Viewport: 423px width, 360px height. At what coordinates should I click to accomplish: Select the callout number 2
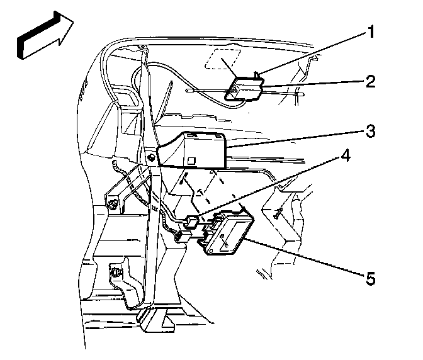point(371,81)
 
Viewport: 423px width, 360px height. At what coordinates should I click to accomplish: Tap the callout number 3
point(371,132)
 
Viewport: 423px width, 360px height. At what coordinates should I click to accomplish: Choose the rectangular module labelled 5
point(229,234)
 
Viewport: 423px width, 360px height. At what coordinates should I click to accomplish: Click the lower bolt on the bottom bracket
point(116,272)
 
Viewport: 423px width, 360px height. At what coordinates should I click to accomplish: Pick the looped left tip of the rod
point(191,91)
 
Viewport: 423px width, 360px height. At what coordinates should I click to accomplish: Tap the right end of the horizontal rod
point(303,95)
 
